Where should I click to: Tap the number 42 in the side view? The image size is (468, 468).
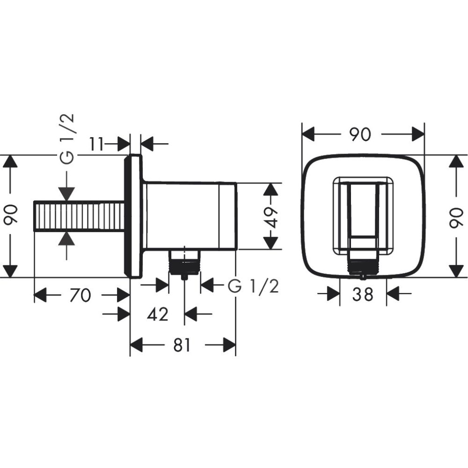click(x=157, y=314)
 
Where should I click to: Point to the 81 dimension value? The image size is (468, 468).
click(x=182, y=345)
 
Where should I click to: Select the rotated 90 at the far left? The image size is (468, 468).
click(x=10, y=215)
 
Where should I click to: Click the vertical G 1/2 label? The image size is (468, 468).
click(x=68, y=139)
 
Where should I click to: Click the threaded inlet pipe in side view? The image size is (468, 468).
click(x=80, y=216)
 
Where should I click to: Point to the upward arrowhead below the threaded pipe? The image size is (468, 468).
click(x=68, y=239)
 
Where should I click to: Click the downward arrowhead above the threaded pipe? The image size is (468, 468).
click(x=68, y=194)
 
